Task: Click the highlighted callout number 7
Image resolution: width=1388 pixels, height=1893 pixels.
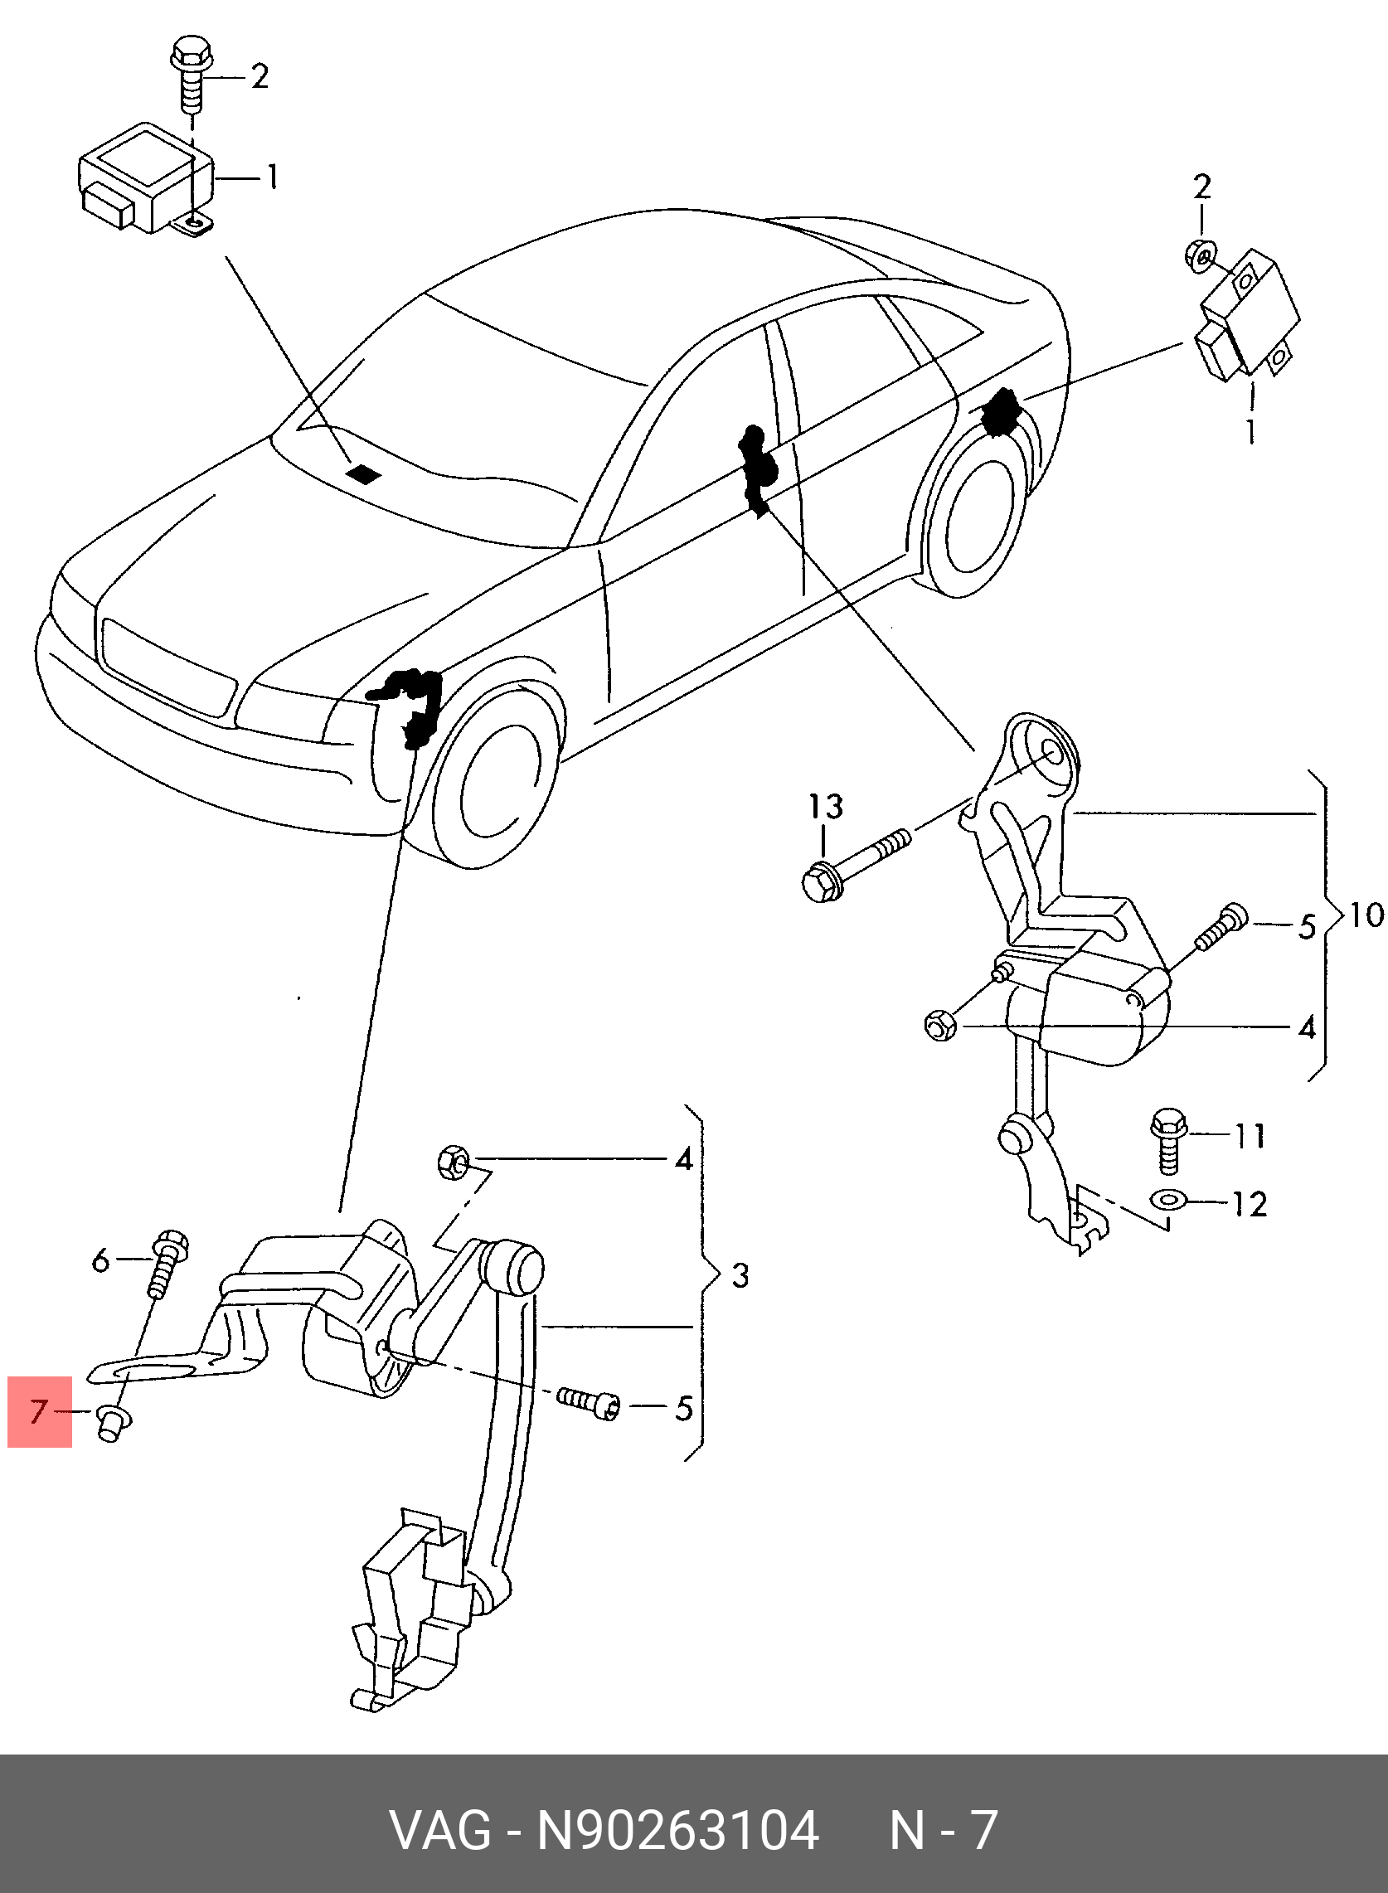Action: tap(40, 1411)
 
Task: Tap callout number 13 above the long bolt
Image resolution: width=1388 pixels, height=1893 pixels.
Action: tap(825, 807)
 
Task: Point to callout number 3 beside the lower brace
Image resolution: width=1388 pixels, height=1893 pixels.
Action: tap(740, 1276)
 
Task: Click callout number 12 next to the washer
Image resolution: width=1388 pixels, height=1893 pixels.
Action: tap(1249, 1205)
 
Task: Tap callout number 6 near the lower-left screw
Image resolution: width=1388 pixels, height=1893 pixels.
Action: tap(100, 1260)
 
